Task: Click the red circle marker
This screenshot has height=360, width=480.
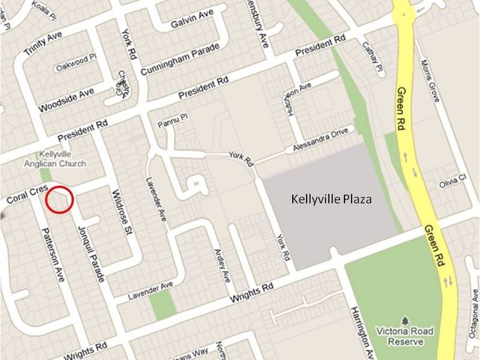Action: coord(59,199)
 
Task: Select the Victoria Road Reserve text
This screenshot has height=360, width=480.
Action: coord(401,335)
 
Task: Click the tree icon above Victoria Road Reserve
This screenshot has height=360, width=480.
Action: coord(406,319)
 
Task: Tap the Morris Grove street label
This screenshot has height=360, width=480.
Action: coord(433,80)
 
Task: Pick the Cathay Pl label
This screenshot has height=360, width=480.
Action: coord(371,59)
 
